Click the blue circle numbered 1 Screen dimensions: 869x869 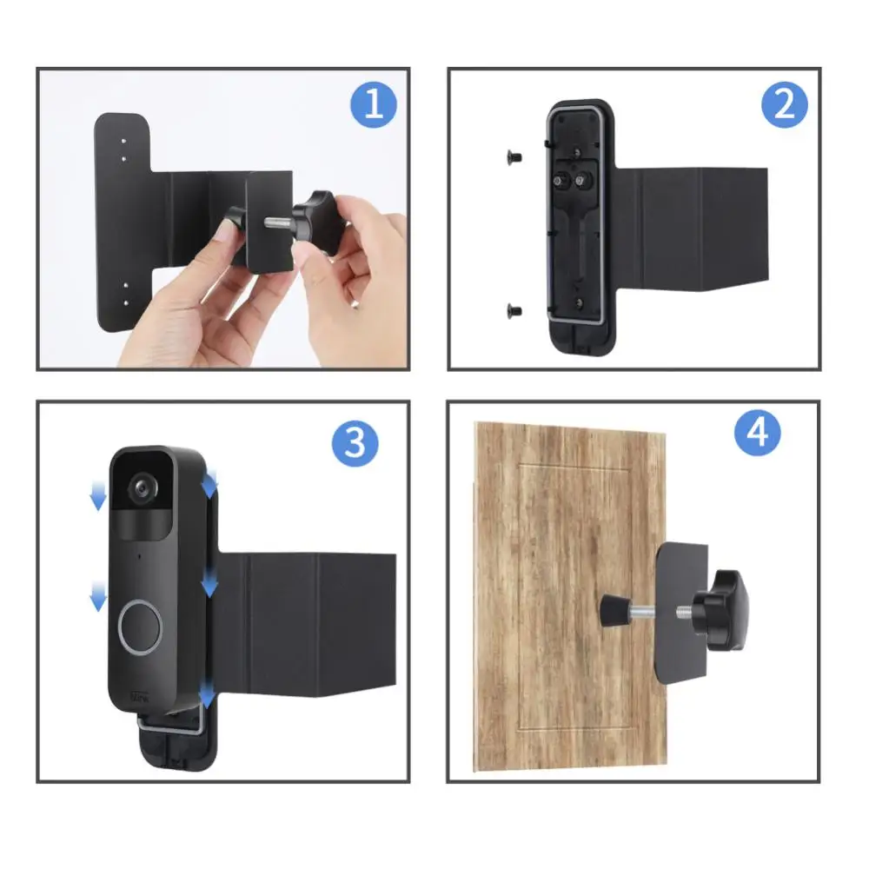(x=374, y=106)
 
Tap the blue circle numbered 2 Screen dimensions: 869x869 (x=784, y=106)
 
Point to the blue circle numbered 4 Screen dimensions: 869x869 (x=758, y=433)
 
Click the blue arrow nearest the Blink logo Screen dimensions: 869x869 (x=207, y=694)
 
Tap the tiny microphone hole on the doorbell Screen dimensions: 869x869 (x=137, y=553)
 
